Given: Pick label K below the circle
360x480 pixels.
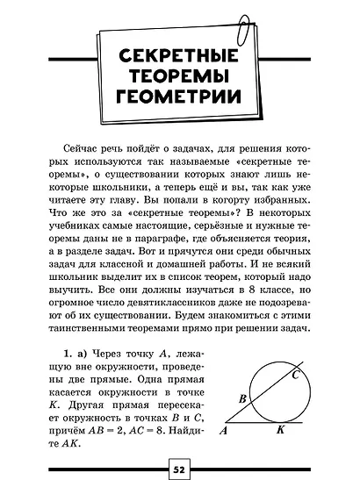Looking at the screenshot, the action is point(280,432).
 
